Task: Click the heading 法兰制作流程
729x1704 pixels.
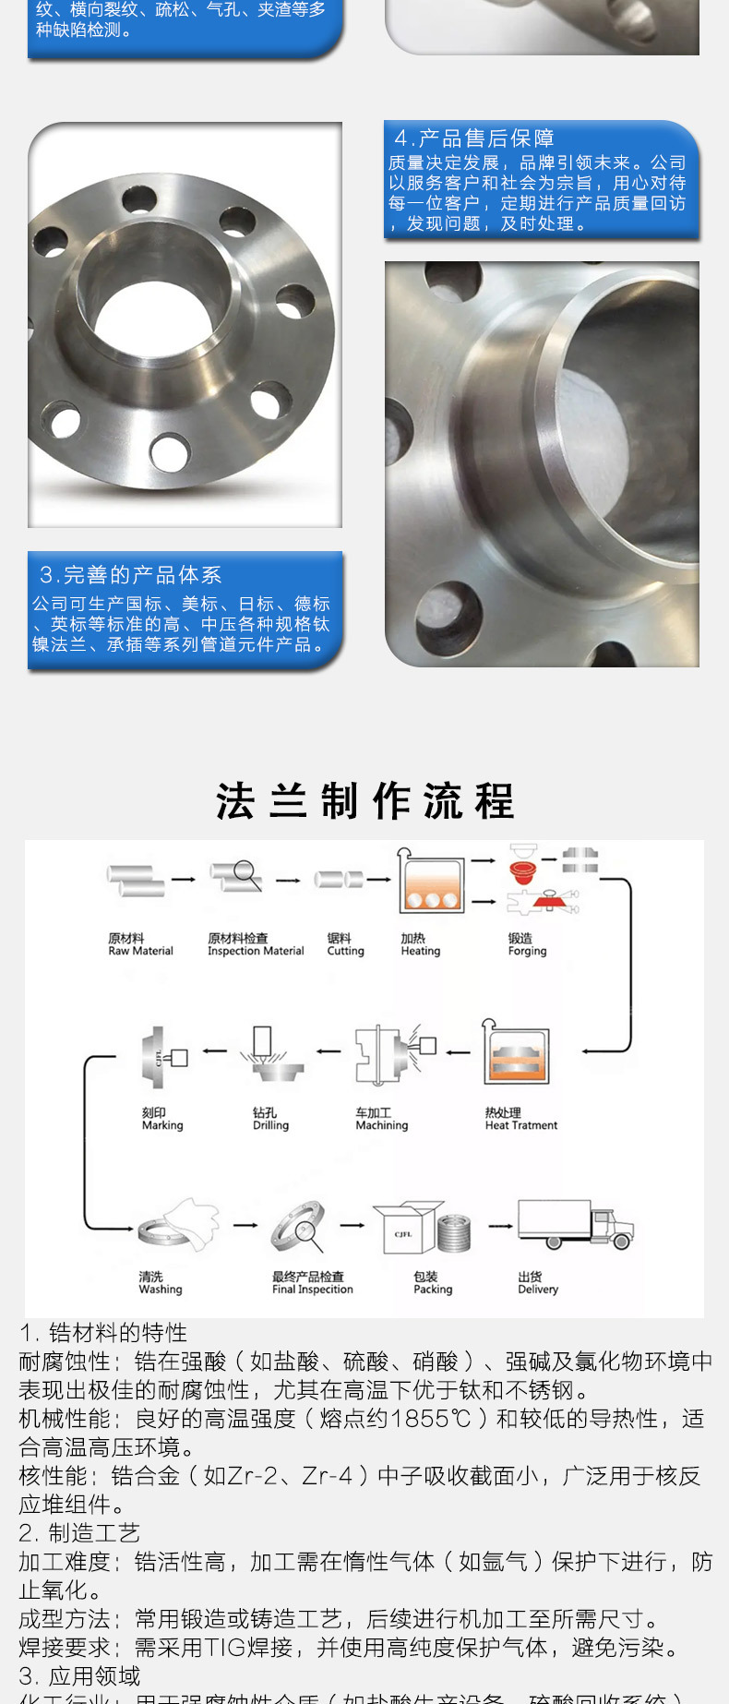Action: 364,800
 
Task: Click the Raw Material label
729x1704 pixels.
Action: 140,945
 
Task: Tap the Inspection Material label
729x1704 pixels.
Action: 256,945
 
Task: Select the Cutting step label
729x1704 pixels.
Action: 345,945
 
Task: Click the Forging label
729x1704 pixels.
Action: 527,945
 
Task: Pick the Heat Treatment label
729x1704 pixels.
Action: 521,1120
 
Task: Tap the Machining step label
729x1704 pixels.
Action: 381,1120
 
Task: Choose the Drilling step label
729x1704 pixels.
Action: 270,1120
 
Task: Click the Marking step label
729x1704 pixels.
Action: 162,1120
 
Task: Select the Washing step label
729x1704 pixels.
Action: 160,1283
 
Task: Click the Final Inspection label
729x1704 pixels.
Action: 312,1283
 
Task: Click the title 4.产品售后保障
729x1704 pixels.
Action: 474,138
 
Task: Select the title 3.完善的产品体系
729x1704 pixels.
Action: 130,575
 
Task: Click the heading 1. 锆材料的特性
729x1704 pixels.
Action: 103,1333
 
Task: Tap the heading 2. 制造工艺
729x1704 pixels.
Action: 79,1533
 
